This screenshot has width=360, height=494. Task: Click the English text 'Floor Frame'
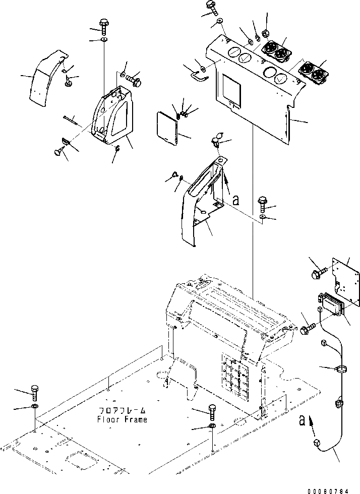[123, 419]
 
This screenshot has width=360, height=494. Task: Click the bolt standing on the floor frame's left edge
[34, 393]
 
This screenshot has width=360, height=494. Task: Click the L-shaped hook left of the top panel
[199, 76]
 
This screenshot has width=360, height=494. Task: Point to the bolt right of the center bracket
[263, 204]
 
